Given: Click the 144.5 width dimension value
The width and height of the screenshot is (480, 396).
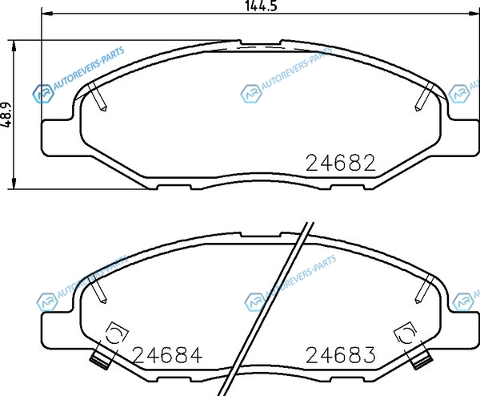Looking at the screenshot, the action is coord(261,6).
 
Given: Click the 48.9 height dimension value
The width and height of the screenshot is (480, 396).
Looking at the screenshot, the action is coord(6,115).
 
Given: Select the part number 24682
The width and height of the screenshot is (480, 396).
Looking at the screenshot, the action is coord(341,163).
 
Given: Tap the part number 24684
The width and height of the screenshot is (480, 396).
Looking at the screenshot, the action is coord(168,355).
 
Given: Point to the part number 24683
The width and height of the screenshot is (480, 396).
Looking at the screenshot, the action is coord(341,355).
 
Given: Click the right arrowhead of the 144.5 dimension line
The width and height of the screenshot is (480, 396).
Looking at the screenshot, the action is coord(474,13).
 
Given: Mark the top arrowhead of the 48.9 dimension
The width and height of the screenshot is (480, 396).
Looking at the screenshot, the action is coord(14,46).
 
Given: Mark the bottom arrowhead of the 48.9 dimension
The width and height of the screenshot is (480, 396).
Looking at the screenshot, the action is coord(14,183).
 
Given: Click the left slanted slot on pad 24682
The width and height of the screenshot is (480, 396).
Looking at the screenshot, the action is coord(98,97).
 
